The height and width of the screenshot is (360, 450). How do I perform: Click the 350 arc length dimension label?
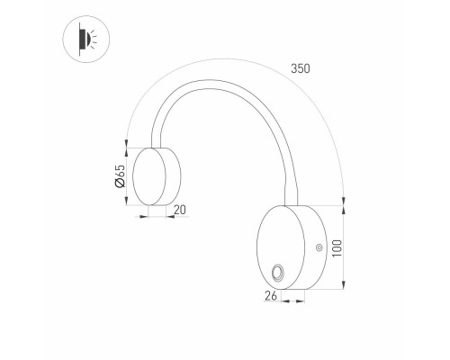[301, 68]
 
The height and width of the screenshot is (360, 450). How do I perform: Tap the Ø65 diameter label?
[120, 176]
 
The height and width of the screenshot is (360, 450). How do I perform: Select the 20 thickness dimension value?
[180, 210]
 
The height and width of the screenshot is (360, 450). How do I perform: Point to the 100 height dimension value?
[337, 247]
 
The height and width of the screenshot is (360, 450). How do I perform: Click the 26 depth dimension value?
[271, 295]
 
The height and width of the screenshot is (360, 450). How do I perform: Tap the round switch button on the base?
[277, 273]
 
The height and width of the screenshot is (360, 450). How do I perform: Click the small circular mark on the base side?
[319, 247]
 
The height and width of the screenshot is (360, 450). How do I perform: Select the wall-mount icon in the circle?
[86, 39]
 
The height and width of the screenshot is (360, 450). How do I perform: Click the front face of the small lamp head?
[149, 176]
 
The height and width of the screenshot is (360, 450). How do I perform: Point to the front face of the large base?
[281, 247]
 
